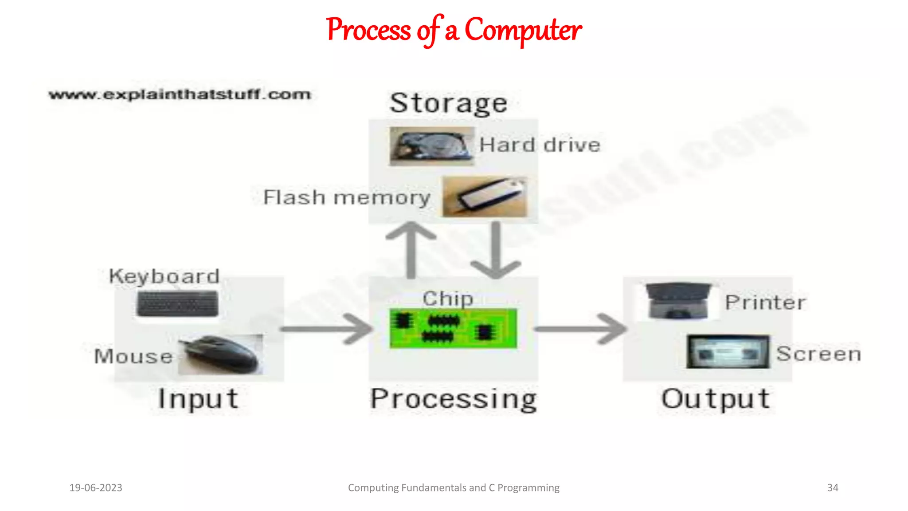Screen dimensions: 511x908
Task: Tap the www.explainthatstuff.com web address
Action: coord(180,94)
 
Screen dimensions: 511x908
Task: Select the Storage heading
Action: coord(448,103)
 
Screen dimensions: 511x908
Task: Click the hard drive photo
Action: coord(431,146)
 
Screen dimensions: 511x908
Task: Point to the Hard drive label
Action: coord(540,145)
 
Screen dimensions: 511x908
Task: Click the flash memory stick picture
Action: coord(485,197)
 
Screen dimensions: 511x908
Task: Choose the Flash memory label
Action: coord(347,197)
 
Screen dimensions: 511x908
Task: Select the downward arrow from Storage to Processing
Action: coord(496,250)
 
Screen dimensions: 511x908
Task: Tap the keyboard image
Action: coord(177,304)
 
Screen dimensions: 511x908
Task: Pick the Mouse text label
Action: coord(133,356)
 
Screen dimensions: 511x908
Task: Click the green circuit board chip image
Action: coord(453,329)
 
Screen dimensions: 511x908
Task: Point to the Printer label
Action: coord(765,303)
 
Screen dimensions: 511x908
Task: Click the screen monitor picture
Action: coord(728,352)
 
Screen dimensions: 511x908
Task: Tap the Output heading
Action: coord(716,398)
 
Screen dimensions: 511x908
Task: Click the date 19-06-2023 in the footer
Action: coord(96,487)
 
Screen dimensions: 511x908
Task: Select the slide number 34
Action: coord(832,487)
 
